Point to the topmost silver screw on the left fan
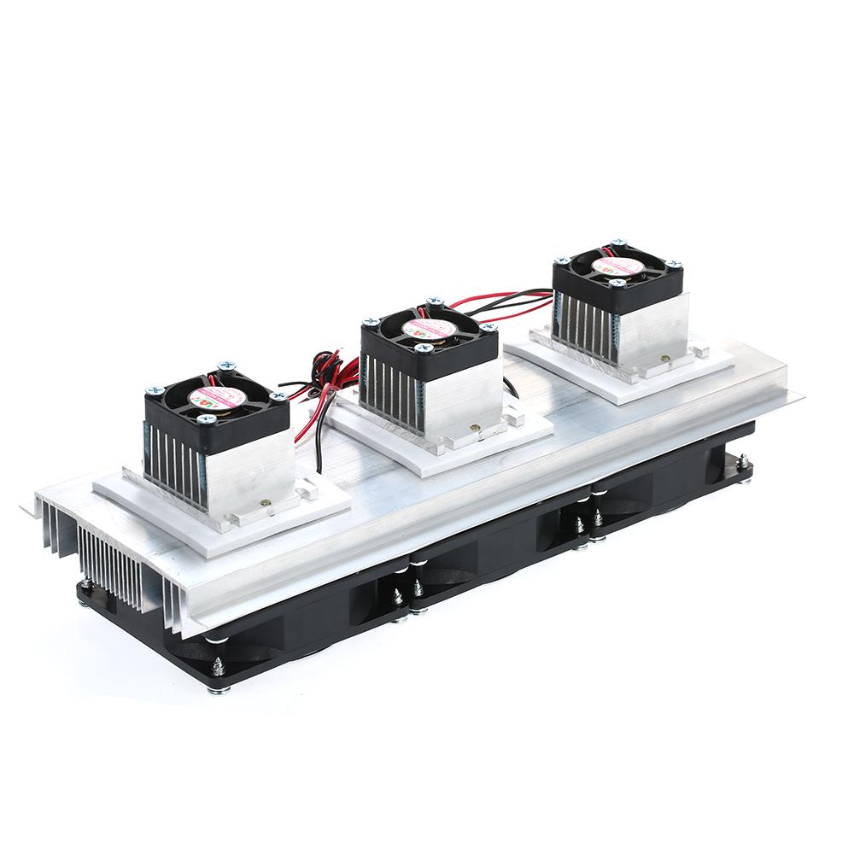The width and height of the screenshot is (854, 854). pos(226,365)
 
